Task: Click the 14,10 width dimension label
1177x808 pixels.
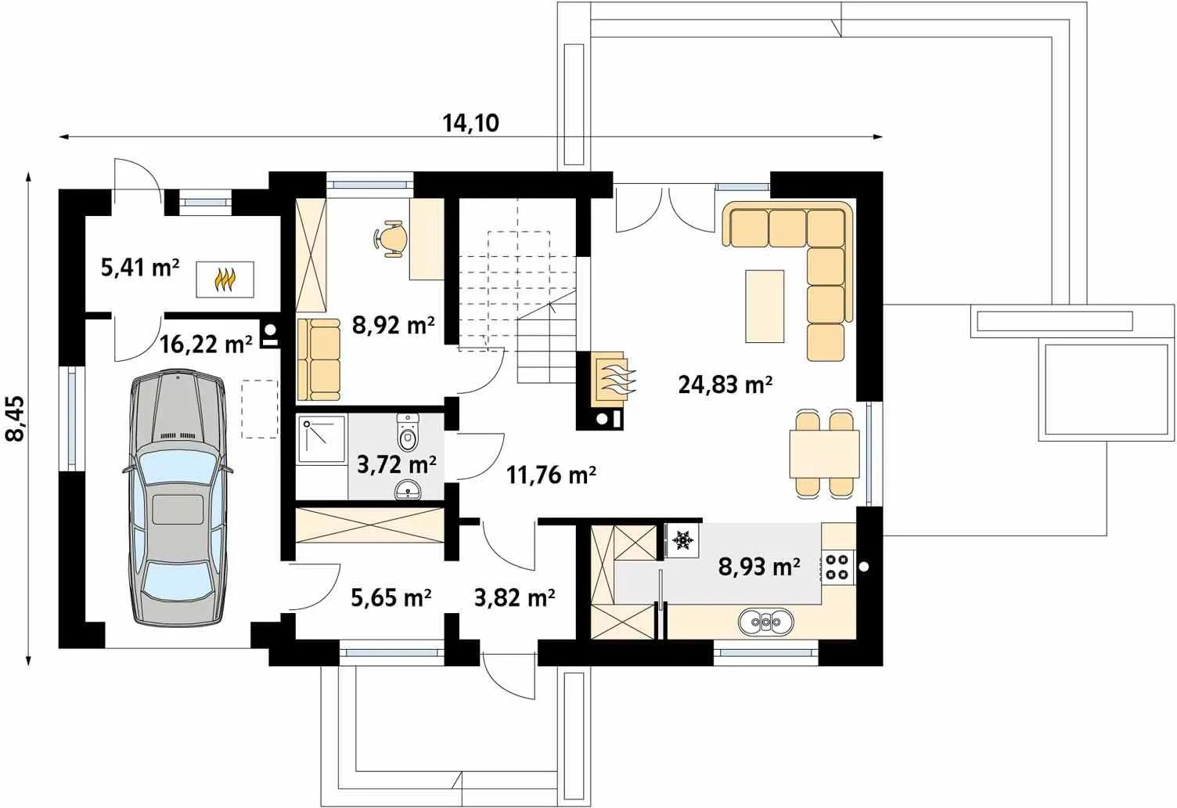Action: point(470,124)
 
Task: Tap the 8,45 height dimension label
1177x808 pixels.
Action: point(15,418)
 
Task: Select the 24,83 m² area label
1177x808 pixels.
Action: point(725,384)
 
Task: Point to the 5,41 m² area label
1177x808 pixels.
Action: point(140,268)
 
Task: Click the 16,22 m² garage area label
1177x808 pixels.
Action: point(206,344)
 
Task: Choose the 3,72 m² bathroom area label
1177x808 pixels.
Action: point(396,464)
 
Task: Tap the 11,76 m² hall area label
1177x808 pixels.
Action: point(551,474)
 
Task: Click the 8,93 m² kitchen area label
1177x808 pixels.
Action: point(759,567)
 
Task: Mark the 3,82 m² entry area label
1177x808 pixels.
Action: point(514,597)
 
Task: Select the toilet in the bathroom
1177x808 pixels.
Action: point(408,431)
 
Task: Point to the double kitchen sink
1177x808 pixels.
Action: point(766,622)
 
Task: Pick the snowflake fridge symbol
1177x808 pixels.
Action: point(682,540)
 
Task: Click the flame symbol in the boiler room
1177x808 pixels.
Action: point(225,280)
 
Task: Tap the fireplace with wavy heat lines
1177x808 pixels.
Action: point(611,378)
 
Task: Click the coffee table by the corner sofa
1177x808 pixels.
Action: point(765,306)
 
